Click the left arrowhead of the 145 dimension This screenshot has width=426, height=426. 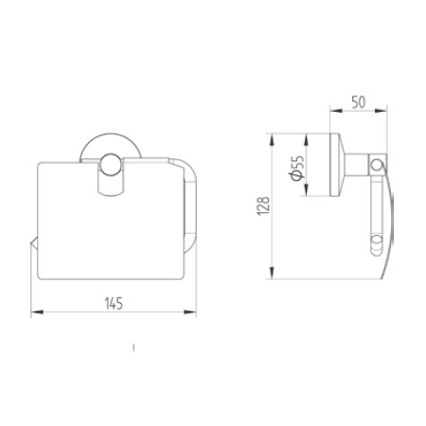pos(33,312)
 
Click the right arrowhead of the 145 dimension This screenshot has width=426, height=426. pos(194,312)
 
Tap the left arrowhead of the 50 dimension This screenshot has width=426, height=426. pos(336,110)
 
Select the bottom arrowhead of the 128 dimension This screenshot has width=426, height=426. pos(275,277)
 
